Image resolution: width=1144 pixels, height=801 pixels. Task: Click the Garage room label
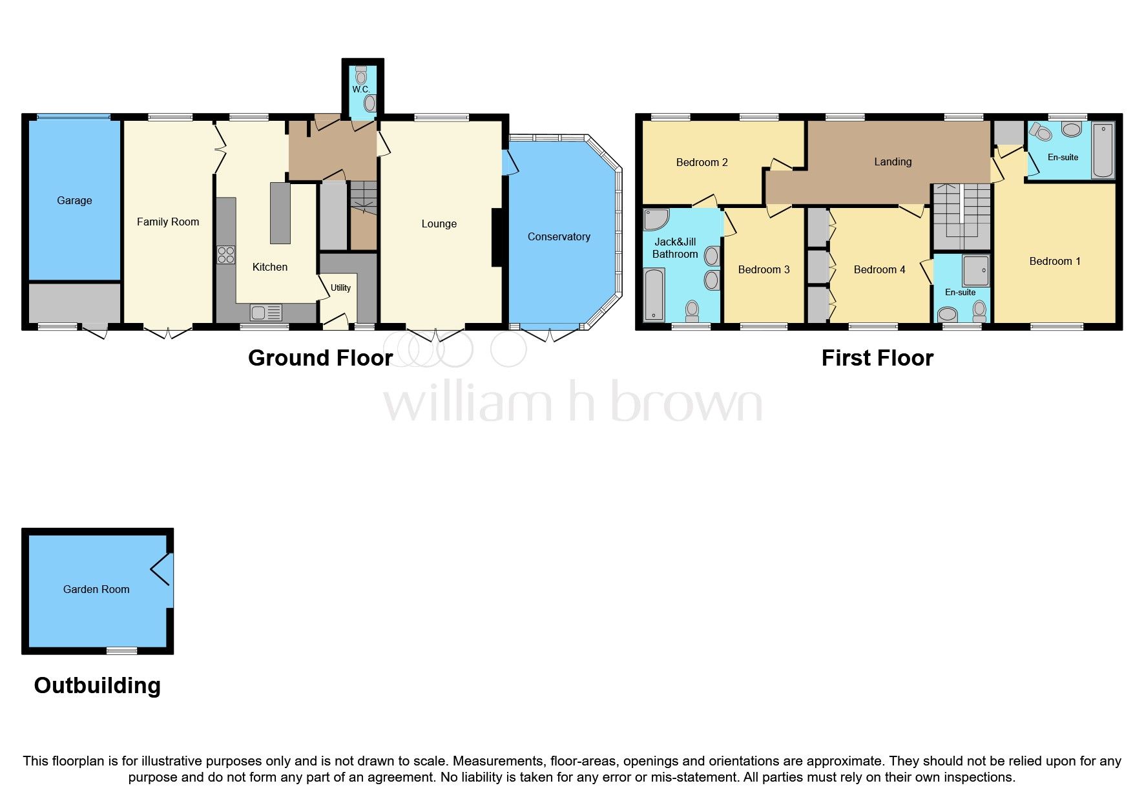pyautogui.click(x=74, y=200)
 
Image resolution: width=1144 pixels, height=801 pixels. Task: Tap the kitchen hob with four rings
pyautogui.click(x=226, y=255)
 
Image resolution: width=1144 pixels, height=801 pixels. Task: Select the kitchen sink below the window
pyautogui.click(x=266, y=313)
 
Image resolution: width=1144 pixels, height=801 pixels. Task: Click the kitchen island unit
pyautogui.click(x=280, y=213)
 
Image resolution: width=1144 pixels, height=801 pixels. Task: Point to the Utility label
pyautogui.click(x=340, y=288)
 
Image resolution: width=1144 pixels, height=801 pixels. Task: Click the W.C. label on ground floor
pyautogui.click(x=360, y=89)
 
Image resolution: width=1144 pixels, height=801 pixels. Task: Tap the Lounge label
pyautogui.click(x=439, y=224)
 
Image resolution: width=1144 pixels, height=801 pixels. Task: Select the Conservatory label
pyautogui.click(x=559, y=236)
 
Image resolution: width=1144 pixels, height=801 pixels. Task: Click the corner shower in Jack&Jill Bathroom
pyautogui.click(x=656, y=220)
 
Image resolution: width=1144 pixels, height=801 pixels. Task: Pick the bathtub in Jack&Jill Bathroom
pyautogui.click(x=654, y=295)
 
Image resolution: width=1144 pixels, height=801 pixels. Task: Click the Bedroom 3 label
pyautogui.click(x=764, y=269)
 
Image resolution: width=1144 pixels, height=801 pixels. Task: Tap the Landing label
pyautogui.click(x=893, y=161)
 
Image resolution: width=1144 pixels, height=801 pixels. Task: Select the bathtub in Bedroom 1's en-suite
pyautogui.click(x=1103, y=150)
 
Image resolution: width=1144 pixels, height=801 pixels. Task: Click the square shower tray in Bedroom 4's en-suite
pyautogui.click(x=975, y=271)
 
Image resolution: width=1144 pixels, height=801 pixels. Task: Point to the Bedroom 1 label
pyautogui.click(x=1054, y=261)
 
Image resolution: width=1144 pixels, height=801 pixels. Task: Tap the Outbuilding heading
pyautogui.click(x=97, y=685)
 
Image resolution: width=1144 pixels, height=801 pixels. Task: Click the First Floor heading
pyautogui.click(x=877, y=358)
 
